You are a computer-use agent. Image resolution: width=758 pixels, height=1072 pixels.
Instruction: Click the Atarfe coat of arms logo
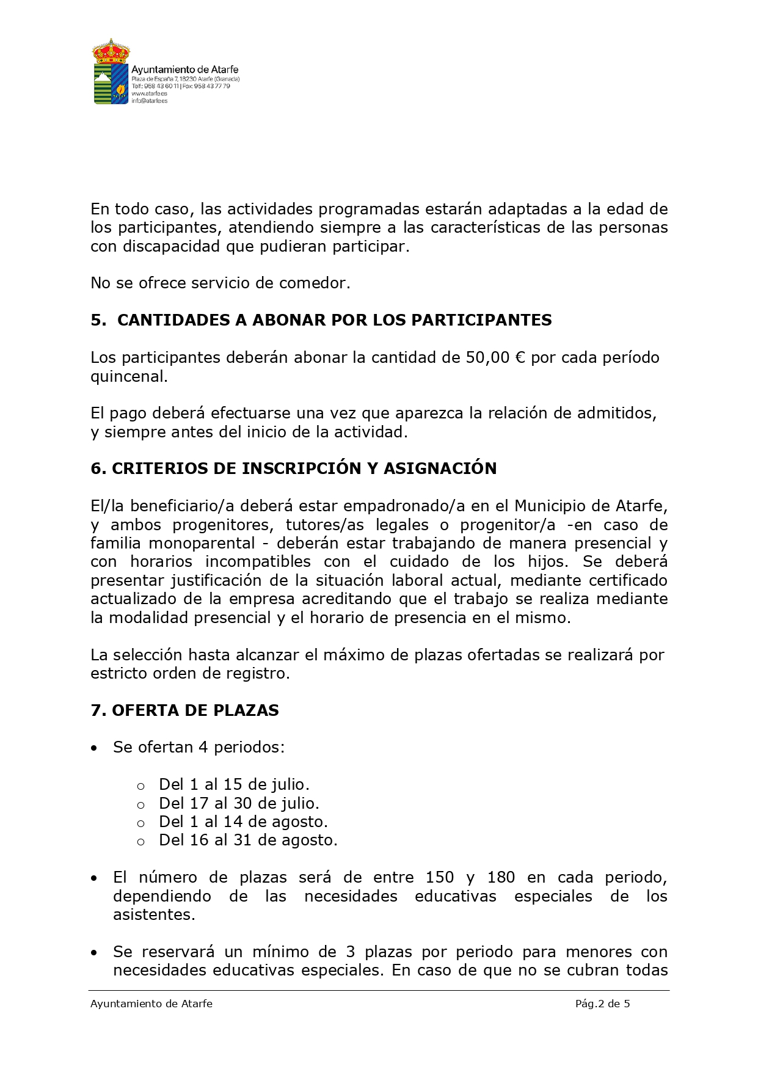(x=111, y=71)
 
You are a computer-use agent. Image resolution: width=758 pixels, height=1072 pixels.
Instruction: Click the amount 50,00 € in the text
(x=495, y=357)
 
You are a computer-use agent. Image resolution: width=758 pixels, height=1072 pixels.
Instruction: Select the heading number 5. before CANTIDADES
(x=98, y=320)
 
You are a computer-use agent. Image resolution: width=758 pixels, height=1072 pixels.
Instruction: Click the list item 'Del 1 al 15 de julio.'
(x=234, y=784)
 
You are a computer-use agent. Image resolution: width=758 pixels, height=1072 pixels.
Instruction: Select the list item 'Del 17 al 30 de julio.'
(x=239, y=803)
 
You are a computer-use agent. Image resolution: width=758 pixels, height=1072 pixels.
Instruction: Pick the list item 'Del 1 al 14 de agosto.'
(x=243, y=822)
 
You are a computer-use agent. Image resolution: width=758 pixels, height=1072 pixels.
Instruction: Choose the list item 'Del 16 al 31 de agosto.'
(x=248, y=840)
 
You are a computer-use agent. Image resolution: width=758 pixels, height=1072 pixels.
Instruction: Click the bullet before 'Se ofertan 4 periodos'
(x=94, y=748)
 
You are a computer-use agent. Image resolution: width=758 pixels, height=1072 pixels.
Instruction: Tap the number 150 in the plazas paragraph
(x=440, y=878)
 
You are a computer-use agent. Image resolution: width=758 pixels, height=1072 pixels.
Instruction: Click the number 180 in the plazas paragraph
(x=501, y=878)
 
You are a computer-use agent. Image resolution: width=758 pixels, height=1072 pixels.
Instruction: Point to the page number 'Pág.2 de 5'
(x=602, y=1004)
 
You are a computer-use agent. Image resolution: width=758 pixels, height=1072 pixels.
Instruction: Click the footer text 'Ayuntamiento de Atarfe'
(x=151, y=1004)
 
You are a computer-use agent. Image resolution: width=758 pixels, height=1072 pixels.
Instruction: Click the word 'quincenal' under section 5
(x=128, y=376)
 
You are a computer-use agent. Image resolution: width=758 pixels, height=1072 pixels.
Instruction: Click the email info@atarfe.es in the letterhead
(x=150, y=101)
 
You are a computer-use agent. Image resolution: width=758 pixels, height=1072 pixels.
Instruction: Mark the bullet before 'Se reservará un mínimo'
(x=94, y=953)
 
